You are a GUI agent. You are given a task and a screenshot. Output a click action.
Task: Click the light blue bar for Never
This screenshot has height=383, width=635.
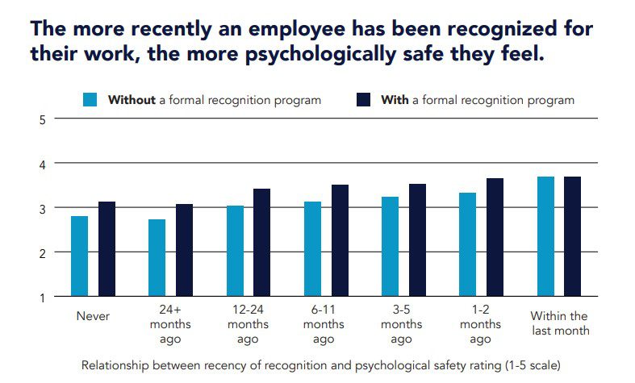point(79,256)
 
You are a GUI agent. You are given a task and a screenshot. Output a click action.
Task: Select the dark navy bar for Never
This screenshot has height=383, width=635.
point(107,249)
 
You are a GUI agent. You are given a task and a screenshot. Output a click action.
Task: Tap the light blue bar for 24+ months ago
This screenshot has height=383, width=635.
point(157,258)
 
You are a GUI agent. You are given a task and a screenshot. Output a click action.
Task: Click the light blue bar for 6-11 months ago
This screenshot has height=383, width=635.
point(312,249)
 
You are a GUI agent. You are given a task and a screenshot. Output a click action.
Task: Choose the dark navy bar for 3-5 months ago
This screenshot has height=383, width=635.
point(418,240)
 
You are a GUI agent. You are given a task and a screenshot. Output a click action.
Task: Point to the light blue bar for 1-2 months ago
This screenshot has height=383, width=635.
point(468,244)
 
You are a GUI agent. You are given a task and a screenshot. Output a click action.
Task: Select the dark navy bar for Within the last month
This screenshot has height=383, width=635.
point(574,236)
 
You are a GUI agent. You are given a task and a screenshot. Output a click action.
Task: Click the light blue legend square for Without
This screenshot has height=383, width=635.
point(90,101)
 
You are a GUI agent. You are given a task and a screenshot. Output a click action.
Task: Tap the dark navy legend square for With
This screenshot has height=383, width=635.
point(363,101)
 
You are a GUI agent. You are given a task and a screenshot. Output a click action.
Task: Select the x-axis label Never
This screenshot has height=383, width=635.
point(93,316)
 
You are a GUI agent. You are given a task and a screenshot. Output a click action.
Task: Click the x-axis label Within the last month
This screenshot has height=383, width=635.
point(558,323)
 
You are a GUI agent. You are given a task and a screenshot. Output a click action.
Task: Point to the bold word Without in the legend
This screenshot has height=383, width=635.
point(132,101)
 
